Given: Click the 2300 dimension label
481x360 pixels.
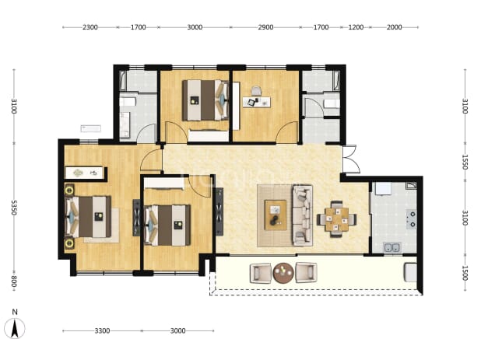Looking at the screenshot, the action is click(90, 27).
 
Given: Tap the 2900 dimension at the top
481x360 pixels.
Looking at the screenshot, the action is click(265, 27).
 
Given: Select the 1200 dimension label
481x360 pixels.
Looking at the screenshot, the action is click(356, 27).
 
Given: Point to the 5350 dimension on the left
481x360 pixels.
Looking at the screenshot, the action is click(14, 208).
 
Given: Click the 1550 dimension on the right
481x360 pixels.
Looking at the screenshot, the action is click(465, 162).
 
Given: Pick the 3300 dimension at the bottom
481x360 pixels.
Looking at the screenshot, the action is click(102, 331).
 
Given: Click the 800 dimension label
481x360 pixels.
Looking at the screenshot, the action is click(14, 282).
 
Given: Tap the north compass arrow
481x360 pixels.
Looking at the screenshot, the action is click(15, 328).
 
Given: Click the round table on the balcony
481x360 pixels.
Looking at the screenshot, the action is click(283, 273).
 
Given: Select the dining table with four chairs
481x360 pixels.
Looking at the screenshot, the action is click(337, 219).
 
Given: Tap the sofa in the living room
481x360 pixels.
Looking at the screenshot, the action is click(303, 215).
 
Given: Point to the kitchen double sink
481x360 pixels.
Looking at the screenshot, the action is click(392, 247).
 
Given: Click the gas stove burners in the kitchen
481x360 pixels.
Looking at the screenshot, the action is click(411, 219).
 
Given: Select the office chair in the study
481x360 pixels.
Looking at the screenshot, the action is click(256, 91).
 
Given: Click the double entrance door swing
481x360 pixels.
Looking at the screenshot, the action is click(350, 159).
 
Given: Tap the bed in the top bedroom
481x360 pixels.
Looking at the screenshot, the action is click(205, 100).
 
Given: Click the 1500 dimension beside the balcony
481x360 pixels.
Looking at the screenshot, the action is click(465, 273).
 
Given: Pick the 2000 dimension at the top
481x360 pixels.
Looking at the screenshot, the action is click(394, 27).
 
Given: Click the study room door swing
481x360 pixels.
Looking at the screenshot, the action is click(287, 132).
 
